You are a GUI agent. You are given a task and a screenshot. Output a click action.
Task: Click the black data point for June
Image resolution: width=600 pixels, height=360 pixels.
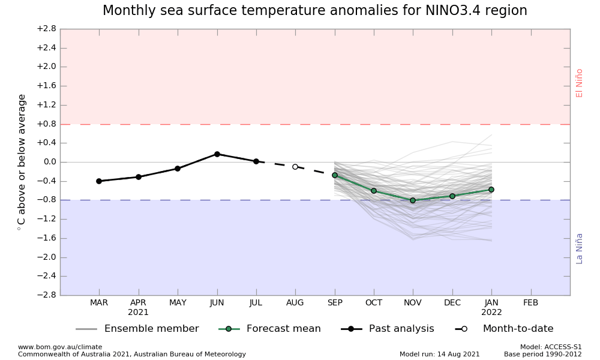(217, 154)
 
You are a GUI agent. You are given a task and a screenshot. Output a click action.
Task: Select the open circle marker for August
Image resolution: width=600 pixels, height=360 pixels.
(295, 167)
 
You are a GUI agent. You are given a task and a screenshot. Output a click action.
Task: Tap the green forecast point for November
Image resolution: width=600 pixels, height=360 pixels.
(413, 200)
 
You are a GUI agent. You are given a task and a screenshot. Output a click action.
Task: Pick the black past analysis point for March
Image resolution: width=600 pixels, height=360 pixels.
(99, 181)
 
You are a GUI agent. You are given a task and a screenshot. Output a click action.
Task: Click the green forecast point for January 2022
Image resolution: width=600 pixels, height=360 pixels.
(491, 190)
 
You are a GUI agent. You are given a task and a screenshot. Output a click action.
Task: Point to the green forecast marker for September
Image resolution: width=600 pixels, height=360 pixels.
(335, 175)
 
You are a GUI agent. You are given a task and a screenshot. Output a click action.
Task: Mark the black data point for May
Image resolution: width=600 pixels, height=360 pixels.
(178, 169)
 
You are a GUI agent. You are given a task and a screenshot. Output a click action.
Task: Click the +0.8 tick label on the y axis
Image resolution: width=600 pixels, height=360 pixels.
(46, 124)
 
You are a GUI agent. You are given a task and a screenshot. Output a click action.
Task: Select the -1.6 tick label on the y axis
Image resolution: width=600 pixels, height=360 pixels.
(46, 238)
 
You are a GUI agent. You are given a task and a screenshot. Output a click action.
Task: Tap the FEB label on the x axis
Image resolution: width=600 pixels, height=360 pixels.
(531, 303)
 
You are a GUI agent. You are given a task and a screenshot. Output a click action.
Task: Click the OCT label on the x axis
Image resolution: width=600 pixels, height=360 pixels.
(374, 303)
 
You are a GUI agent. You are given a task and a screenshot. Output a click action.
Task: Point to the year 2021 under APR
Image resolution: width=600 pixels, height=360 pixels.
(139, 313)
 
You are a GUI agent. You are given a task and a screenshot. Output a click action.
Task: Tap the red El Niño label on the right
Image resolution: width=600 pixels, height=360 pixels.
(580, 83)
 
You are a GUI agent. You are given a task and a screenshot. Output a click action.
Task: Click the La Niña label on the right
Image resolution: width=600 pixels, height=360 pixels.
(580, 248)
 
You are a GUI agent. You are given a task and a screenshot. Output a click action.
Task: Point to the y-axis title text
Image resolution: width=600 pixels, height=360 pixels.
(22, 162)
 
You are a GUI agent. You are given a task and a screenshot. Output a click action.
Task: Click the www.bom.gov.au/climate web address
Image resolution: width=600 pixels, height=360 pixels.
(60, 347)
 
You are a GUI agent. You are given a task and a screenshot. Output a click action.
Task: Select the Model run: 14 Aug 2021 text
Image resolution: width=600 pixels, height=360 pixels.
(440, 354)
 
